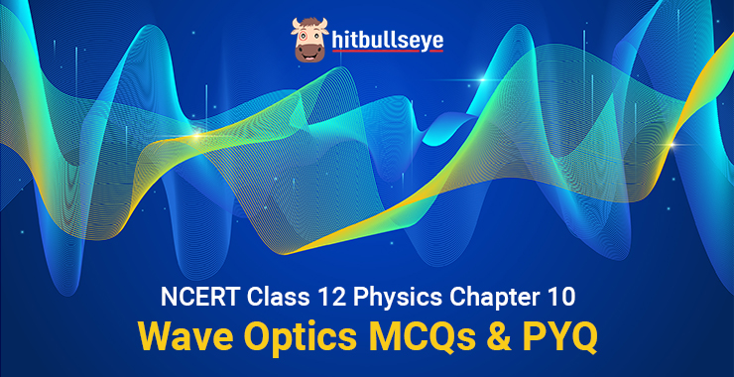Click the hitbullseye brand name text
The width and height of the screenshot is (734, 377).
[x=387, y=41]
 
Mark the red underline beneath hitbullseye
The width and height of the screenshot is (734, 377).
[x=388, y=51]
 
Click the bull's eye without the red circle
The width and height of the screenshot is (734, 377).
[x=316, y=36]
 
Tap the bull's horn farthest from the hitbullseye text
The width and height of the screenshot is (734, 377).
[x=296, y=24]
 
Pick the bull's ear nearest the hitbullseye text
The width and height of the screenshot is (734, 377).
[x=325, y=32]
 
